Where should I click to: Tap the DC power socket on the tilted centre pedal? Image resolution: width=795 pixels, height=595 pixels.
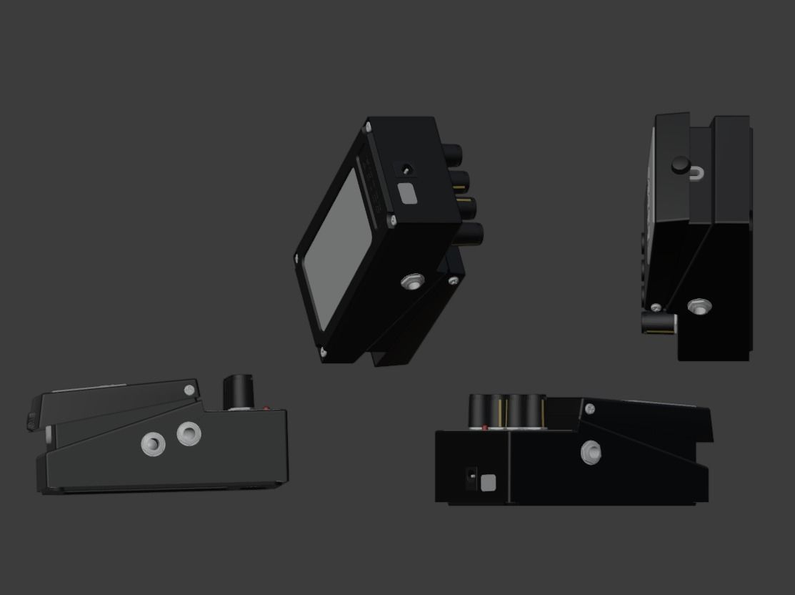pos(406,170)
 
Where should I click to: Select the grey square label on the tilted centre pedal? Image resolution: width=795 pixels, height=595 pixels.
pos(407,194)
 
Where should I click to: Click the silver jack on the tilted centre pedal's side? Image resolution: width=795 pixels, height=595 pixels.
pos(411,282)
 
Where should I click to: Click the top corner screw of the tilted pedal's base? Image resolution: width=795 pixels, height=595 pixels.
pos(368,127)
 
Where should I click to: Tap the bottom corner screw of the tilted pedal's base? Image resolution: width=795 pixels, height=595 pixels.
pos(324,351)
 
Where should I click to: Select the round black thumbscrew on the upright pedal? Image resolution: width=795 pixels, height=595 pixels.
pos(679,166)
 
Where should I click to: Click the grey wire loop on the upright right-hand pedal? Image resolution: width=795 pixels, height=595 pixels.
pos(697,172)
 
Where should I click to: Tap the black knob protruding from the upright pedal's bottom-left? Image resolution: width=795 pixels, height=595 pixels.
pos(658,323)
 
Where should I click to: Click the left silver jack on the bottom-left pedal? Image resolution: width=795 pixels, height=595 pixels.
pos(153,444)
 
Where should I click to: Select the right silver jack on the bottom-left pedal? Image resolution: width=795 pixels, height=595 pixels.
pos(189,433)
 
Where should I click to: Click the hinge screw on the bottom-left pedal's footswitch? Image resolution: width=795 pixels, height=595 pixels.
pos(189,390)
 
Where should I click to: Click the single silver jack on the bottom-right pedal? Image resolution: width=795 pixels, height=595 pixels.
pos(591,452)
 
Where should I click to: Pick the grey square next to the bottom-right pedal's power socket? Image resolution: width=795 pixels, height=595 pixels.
pos(488,483)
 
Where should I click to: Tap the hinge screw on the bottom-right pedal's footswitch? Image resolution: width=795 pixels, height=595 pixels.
pos(590,409)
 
